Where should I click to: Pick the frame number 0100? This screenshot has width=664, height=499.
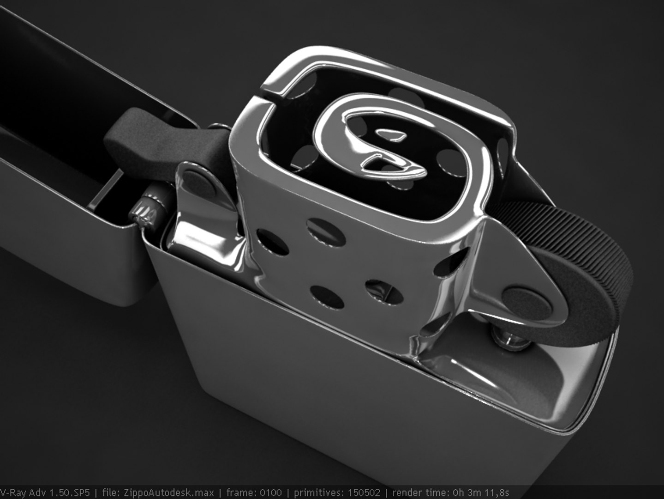(271, 493)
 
